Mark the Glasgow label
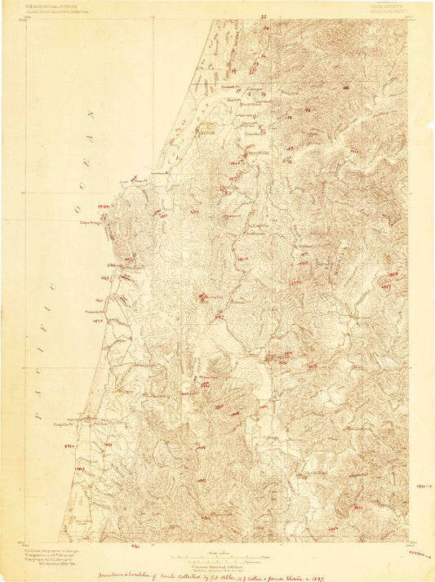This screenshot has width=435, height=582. (254, 89)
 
